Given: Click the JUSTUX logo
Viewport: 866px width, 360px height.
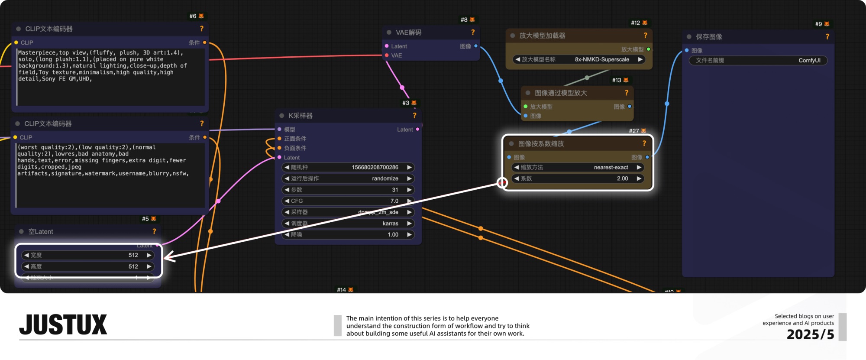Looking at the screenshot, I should (63, 324).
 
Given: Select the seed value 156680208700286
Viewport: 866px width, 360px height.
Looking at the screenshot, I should (375, 167).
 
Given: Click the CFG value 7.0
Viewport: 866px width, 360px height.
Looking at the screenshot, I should (394, 201).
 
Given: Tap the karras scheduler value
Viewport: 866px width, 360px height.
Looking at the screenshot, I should (390, 224).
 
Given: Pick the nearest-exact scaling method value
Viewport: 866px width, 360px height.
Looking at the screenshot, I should (611, 167).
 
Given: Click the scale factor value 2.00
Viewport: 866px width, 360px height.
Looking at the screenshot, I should (622, 178).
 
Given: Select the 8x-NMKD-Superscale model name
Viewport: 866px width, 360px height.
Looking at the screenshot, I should (602, 59).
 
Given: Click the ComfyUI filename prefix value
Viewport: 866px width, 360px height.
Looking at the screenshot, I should (809, 60).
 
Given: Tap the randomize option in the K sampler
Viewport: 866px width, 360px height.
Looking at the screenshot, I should (385, 178).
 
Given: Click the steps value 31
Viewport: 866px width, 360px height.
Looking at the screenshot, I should (395, 190).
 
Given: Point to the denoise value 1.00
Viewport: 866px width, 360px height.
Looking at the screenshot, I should (393, 235).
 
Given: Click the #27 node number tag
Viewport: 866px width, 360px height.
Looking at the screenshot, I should (634, 131).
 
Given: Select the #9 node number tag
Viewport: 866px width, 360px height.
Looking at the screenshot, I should (818, 24).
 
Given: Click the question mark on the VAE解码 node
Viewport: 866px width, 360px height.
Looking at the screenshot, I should (473, 32).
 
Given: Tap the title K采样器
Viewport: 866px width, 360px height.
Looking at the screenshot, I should (301, 116).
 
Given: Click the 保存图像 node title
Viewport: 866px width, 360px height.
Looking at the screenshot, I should (709, 37).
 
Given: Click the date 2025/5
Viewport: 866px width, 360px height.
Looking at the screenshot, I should (810, 334).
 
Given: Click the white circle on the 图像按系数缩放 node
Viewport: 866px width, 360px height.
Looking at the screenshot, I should (502, 183).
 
